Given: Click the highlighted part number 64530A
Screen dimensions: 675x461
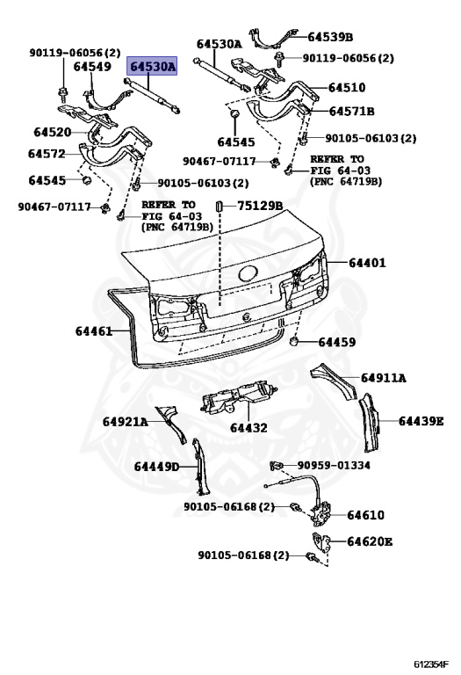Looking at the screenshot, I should click(154, 66).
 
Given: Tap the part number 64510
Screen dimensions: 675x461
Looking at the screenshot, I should click(347, 88).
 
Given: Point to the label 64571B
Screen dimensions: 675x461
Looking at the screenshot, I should click(352, 112).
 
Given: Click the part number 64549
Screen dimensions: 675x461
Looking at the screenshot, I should click(92, 66).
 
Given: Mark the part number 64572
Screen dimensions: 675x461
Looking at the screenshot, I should click(47, 154).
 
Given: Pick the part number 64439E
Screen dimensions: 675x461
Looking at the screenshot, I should click(421, 421).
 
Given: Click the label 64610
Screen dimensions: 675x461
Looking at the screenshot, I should click(365, 515).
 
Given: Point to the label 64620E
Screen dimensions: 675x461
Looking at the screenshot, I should click(370, 541).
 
